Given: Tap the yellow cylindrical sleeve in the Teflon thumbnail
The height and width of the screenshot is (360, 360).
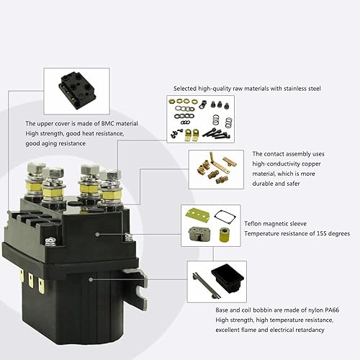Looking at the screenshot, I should [x=222, y=236].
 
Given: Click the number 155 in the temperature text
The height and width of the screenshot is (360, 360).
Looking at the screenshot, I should [x=307, y=233].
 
